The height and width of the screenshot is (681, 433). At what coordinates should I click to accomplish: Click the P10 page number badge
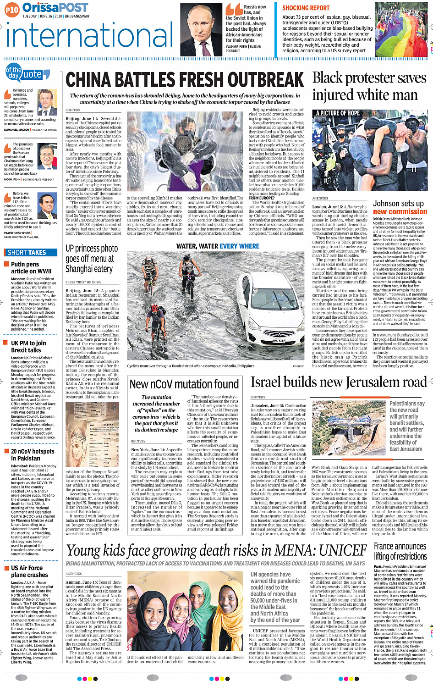pos(12,9)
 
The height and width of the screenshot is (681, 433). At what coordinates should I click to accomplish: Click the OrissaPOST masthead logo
pos(55,7)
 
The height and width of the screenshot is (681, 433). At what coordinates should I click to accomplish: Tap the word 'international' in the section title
pos(89,36)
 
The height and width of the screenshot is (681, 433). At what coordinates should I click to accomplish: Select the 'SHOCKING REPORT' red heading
pos(306,8)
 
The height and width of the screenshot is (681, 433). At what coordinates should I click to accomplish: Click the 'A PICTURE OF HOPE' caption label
pos(338,113)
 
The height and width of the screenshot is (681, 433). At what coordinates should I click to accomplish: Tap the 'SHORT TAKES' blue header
pos(27,252)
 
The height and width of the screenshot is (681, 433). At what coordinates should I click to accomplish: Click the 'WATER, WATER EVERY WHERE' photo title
pos(218,246)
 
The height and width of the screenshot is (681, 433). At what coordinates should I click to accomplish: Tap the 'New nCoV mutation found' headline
pos(184,384)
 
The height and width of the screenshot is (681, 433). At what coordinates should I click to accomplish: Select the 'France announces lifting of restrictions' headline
pos(400,551)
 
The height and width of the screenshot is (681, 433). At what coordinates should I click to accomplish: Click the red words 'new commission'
pos(400,211)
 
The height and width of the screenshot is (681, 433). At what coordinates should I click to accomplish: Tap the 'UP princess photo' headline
pos(92,248)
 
